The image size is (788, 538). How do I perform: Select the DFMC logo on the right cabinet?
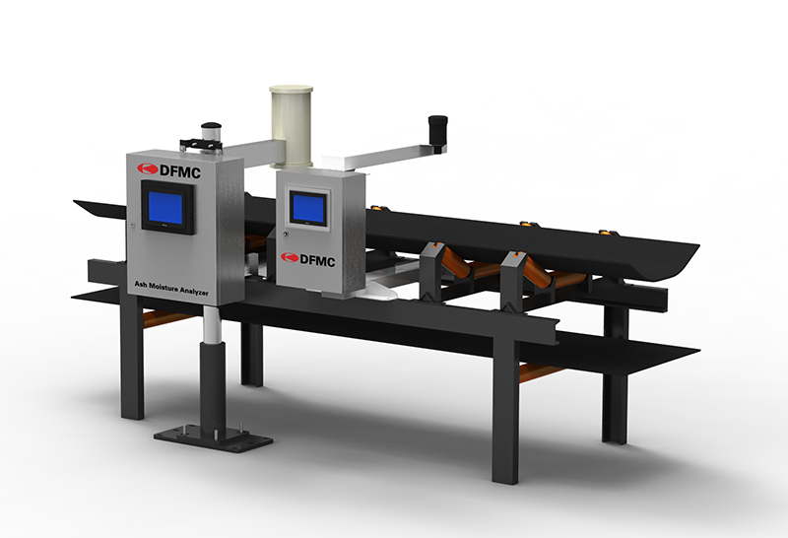[x=309, y=258]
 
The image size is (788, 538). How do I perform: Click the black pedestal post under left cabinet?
[x=212, y=379]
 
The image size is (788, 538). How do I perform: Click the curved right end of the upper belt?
[x=680, y=257]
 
